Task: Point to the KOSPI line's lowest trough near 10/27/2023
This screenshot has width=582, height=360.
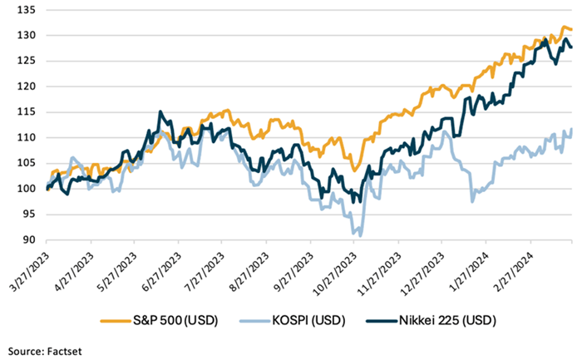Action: tap(360, 236)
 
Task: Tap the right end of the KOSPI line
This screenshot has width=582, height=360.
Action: tap(571, 129)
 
